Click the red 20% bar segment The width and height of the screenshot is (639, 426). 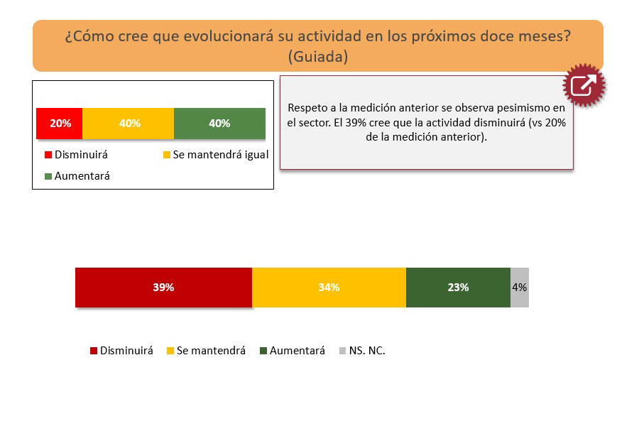point(59,123)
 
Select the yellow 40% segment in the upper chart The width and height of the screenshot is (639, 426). point(128,123)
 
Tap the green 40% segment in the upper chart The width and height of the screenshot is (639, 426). point(219,123)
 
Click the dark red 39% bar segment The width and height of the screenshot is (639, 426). point(163,288)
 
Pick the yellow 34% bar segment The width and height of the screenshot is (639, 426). point(329,288)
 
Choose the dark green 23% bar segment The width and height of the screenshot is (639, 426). point(458,288)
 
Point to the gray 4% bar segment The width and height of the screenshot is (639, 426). point(520,288)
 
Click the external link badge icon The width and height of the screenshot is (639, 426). point(584,85)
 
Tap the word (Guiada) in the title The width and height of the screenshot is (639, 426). point(318,57)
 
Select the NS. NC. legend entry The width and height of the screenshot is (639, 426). point(362,351)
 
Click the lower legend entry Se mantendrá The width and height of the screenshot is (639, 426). point(206,351)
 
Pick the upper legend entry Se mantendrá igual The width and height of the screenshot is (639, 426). point(216,155)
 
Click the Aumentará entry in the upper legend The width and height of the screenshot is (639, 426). point(77,176)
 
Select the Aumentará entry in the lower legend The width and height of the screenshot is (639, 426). point(293,351)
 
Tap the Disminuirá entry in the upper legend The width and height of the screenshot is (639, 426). point(76,155)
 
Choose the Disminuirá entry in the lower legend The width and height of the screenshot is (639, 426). point(121,351)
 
